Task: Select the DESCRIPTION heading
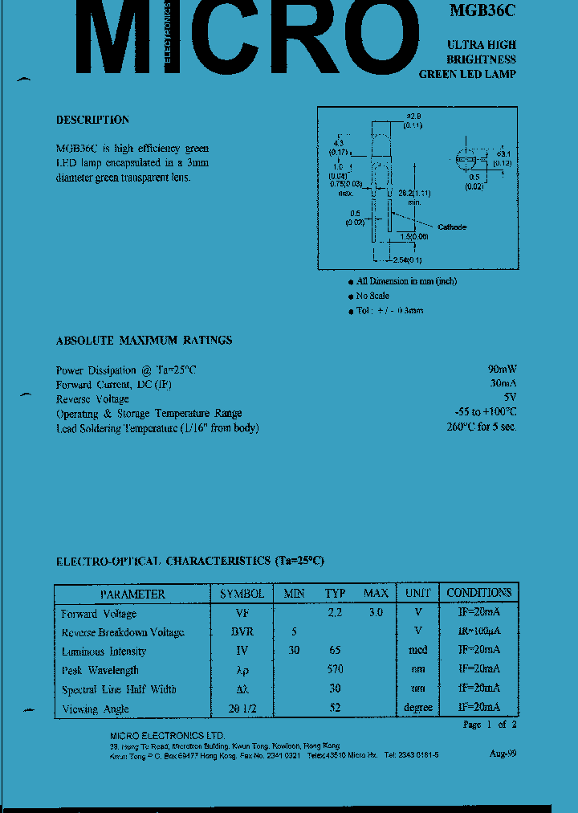tap(92, 120)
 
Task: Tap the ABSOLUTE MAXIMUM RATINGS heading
tap(144, 341)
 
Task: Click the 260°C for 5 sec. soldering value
tap(482, 427)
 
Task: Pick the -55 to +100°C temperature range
tap(485, 412)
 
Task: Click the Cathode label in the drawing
tap(451, 227)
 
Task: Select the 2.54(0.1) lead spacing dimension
tap(408, 260)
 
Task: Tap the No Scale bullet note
tap(372, 296)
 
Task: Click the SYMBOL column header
tap(242, 594)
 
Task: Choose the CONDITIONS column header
tap(478, 593)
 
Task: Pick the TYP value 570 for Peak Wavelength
tap(335, 669)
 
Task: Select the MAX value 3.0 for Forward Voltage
tap(375, 613)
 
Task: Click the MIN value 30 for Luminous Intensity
tap(294, 651)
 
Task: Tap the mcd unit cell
tap(417, 650)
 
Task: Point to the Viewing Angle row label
tap(95, 709)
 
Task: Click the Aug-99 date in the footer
tap(503, 754)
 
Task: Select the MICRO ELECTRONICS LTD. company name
tap(167, 736)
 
